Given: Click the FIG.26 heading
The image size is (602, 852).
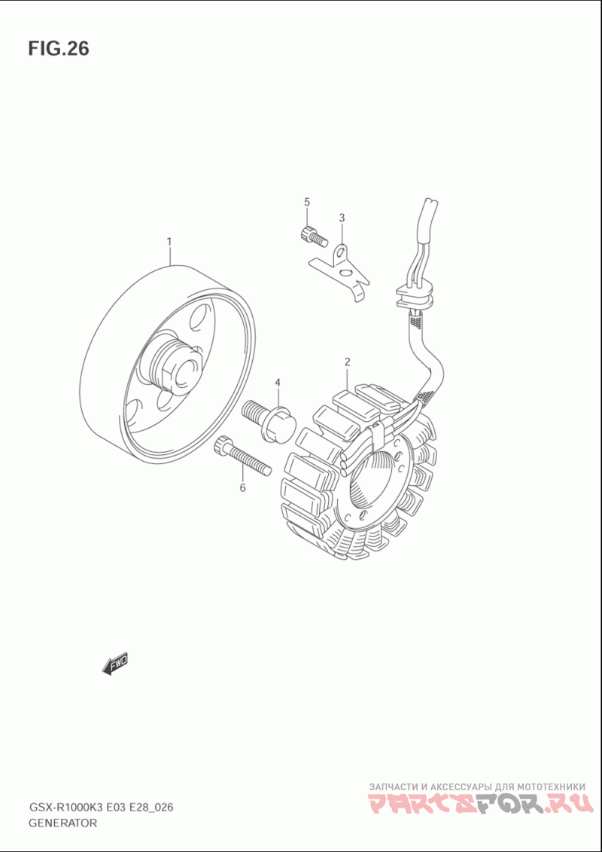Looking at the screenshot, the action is point(58,48).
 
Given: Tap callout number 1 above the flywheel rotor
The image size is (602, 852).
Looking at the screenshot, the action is point(169,241).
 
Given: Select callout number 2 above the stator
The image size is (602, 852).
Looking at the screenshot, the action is point(347,362).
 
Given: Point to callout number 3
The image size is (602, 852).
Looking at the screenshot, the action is point(342,218).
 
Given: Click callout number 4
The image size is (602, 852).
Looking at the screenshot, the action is point(277,383).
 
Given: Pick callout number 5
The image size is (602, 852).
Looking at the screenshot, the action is point(307,202).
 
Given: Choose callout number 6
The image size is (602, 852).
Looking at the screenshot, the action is point(242,487).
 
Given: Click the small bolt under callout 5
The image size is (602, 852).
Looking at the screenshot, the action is point(313,235).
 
